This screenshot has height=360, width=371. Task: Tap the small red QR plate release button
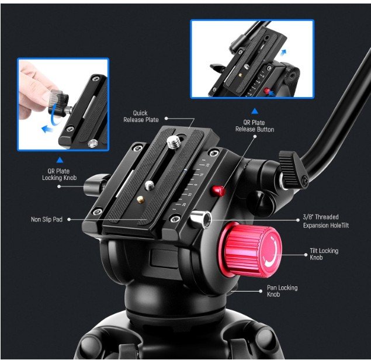[x=218, y=191]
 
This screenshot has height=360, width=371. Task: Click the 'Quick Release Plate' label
[x=141, y=116]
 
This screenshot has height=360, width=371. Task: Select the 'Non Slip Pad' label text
[x=47, y=219]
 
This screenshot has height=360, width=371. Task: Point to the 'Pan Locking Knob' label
[x=282, y=291]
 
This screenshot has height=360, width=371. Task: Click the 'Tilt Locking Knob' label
[x=324, y=254]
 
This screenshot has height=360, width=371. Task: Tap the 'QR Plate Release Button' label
[x=255, y=126]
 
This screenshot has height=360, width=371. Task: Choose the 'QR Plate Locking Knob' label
[x=59, y=174]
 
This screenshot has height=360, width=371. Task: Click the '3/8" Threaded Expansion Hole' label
[x=325, y=221]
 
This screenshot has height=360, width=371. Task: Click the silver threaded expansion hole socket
[x=201, y=220]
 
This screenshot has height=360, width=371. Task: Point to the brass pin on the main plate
[x=141, y=200]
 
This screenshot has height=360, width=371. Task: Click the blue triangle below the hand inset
[x=60, y=160]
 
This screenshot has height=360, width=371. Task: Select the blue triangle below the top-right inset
[x=255, y=111]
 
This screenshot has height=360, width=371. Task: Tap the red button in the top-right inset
[x=266, y=91]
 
